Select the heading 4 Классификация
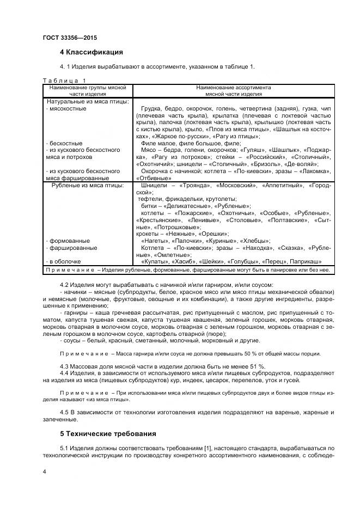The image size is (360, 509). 91,52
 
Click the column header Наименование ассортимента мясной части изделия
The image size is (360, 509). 234,90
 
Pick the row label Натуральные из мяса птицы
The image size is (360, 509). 87,101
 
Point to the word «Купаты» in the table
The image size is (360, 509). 155,261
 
